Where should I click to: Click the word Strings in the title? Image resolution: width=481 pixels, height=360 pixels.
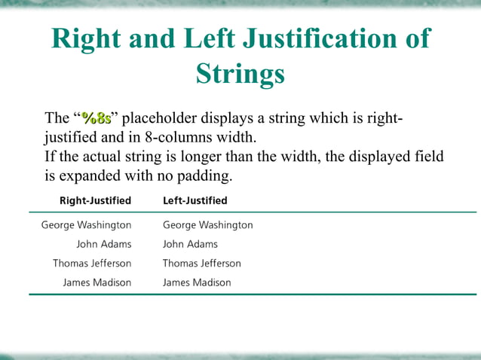click(240, 74)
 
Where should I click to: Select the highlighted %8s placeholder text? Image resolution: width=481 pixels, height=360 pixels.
click(97, 118)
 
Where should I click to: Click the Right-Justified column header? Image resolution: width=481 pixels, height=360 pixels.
click(95, 200)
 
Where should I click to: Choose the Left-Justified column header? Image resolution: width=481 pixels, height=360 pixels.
click(195, 200)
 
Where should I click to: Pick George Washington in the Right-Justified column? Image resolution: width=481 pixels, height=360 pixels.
click(86, 225)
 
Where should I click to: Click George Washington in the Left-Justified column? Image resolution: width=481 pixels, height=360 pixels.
click(208, 225)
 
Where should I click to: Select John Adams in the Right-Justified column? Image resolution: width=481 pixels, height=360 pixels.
click(104, 244)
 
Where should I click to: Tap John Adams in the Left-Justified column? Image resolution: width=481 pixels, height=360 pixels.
click(190, 244)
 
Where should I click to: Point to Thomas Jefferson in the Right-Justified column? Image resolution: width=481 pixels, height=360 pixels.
click(92, 264)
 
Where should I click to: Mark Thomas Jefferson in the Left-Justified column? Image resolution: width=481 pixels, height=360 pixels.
click(202, 264)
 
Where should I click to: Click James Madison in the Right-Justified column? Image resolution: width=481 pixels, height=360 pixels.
click(97, 282)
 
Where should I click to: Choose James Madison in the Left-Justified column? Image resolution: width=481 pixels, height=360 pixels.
click(197, 282)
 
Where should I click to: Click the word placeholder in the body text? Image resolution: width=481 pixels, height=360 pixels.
click(159, 119)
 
